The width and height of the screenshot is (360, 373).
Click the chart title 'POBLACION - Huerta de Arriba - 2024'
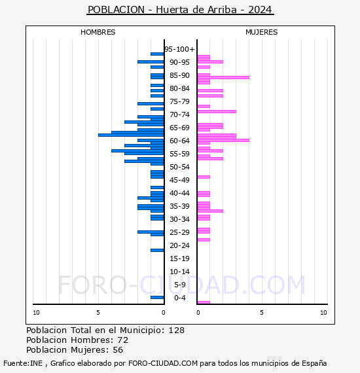180,10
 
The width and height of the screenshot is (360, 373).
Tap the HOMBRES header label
98,32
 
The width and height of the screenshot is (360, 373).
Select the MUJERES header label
261,32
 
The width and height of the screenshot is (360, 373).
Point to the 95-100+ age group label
179,49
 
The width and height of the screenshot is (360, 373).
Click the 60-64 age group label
179,141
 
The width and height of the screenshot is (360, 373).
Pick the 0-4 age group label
180,298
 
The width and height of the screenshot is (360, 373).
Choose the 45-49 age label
179,180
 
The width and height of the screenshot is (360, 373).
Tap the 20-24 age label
179,245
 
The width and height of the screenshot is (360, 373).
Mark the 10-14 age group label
179,272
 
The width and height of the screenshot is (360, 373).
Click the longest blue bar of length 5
131,135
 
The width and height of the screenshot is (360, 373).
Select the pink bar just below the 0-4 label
204,302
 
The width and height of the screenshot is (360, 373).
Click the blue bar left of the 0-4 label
157,297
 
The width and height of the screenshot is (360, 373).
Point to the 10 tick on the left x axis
36,313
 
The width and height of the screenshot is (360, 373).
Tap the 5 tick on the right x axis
261,313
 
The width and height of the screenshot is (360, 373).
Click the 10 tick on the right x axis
323,313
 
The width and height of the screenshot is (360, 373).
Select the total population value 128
177,330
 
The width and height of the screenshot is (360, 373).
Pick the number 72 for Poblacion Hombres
122,340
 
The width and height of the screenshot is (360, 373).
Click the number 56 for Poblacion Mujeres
118,350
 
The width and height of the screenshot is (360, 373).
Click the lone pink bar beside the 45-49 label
204,177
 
